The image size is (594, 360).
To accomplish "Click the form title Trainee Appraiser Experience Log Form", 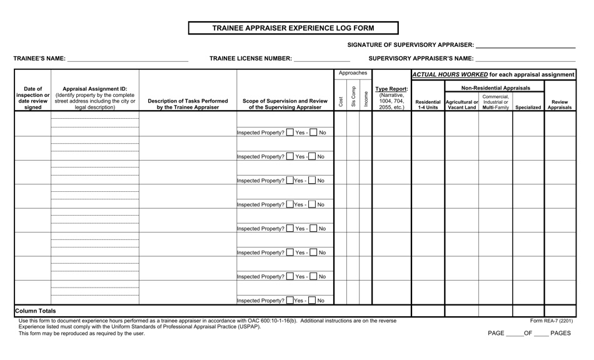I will pyautogui.click(x=293, y=28).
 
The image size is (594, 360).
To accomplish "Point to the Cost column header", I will pyautogui.click(x=341, y=101).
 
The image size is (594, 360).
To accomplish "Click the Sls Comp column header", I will pyautogui.click(x=353, y=97).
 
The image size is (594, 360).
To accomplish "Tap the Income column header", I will pyautogui.click(x=366, y=99).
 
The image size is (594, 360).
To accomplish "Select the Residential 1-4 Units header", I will pyautogui.click(x=428, y=104).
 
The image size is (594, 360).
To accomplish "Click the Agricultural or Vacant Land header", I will pyautogui.click(x=461, y=104).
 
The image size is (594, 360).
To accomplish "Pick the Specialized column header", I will pyautogui.click(x=528, y=107).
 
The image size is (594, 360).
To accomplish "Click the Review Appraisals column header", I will pyautogui.click(x=560, y=104).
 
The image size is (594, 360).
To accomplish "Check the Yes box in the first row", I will pyautogui.click(x=289, y=132).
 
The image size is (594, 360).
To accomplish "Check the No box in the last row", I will pyautogui.click(x=312, y=301).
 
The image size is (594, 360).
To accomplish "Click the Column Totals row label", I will pyautogui.click(x=35, y=311).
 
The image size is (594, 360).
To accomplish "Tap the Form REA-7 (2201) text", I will pyautogui.click(x=551, y=321).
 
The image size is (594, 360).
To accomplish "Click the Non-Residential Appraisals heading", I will pyautogui.click(x=496, y=88).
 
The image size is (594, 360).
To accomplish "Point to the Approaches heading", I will pyautogui.click(x=353, y=73).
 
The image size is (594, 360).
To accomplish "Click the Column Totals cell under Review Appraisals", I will pyautogui.click(x=560, y=311).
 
